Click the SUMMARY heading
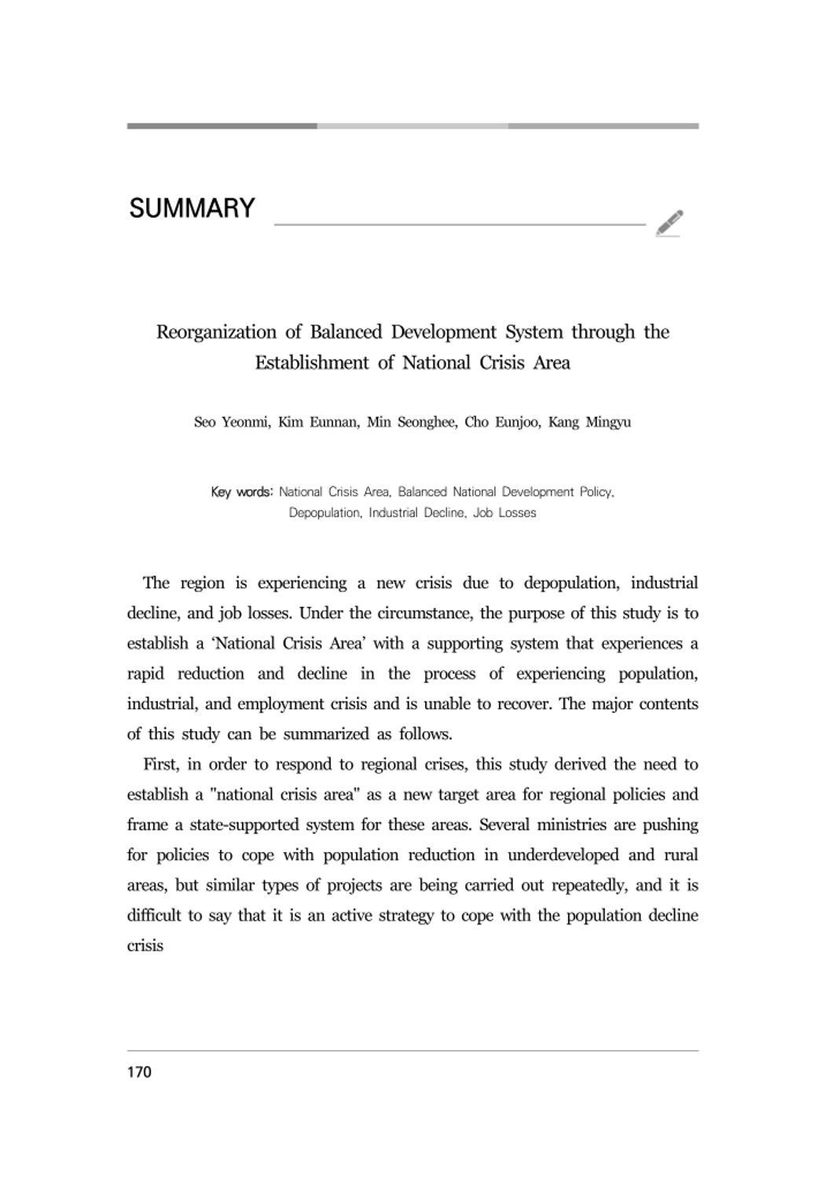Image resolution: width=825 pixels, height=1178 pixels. click(x=192, y=208)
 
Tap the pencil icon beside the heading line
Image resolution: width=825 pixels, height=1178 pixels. click(x=669, y=223)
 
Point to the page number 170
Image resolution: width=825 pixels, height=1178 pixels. click(x=139, y=1072)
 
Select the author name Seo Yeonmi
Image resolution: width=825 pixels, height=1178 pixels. click(x=232, y=423)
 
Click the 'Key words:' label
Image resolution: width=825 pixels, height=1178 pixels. click(x=241, y=492)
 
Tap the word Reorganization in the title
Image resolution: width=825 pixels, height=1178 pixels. click(x=216, y=332)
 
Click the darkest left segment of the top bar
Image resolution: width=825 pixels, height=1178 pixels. click(x=222, y=126)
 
